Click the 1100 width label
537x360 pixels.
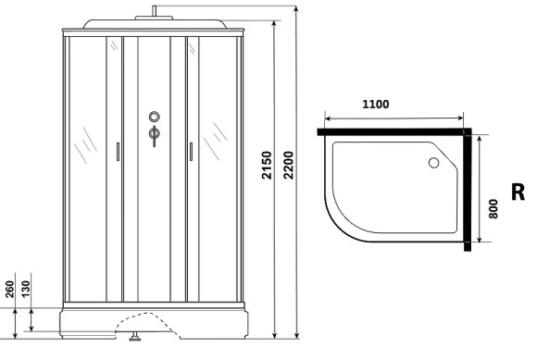pyautogui.click(x=376, y=104)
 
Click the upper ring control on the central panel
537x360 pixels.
pyautogui.click(x=154, y=118)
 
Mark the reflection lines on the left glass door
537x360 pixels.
pyautogui.click(x=86, y=143)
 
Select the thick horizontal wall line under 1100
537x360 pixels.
pyautogui.click(x=393, y=132)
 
